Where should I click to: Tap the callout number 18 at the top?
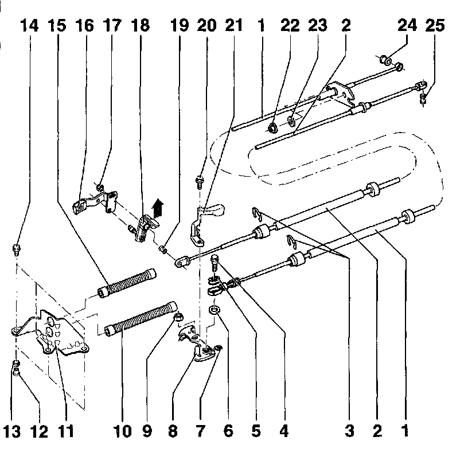pos(140,25)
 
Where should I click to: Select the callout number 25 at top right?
pos(434,25)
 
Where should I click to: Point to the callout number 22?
pos(289,25)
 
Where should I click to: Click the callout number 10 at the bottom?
pos(123,430)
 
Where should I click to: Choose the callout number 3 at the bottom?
pos(349,430)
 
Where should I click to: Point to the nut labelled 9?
pos(177,316)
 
